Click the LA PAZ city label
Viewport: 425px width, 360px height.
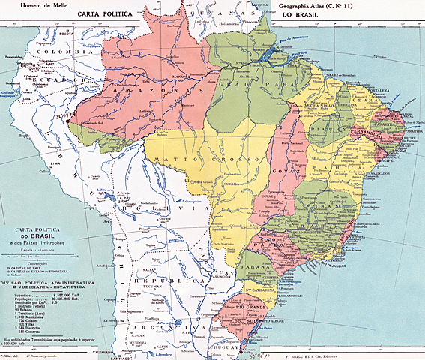[x=117, y=202]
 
